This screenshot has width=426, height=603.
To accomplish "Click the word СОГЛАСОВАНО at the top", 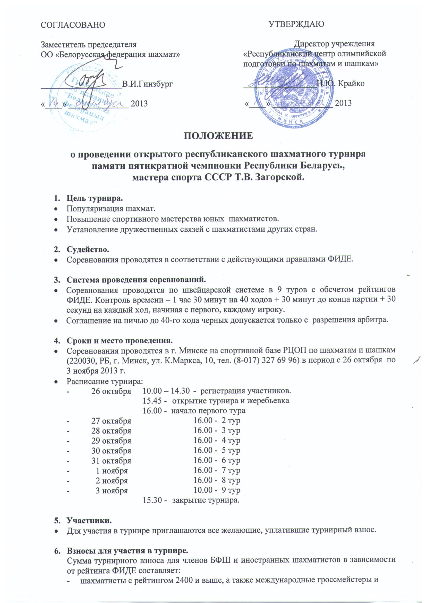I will [73, 25].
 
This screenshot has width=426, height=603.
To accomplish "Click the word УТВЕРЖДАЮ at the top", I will [296, 24].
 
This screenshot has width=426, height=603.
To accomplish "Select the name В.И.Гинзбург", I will [148, 84].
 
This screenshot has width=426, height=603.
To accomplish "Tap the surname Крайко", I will [351, 84].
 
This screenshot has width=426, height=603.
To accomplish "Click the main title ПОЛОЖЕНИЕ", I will [218, 136].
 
